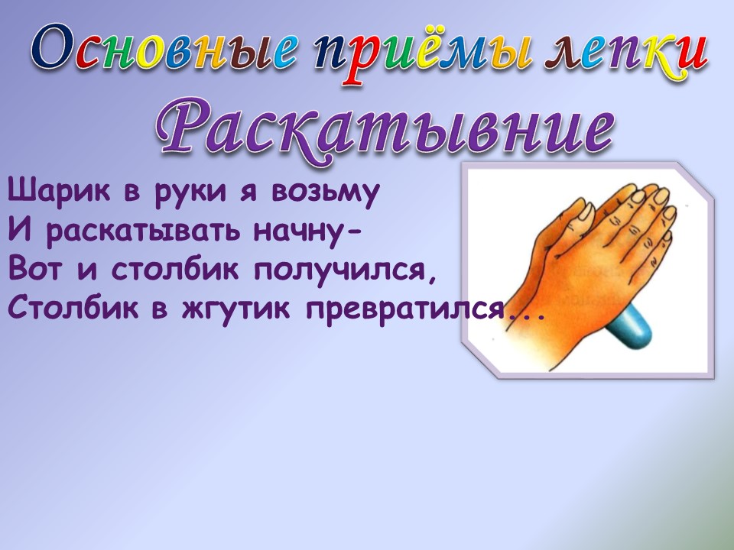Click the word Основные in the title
point(164,52)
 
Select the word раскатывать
point(144,231)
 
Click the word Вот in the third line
point(34,270)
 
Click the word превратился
point(406,310)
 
